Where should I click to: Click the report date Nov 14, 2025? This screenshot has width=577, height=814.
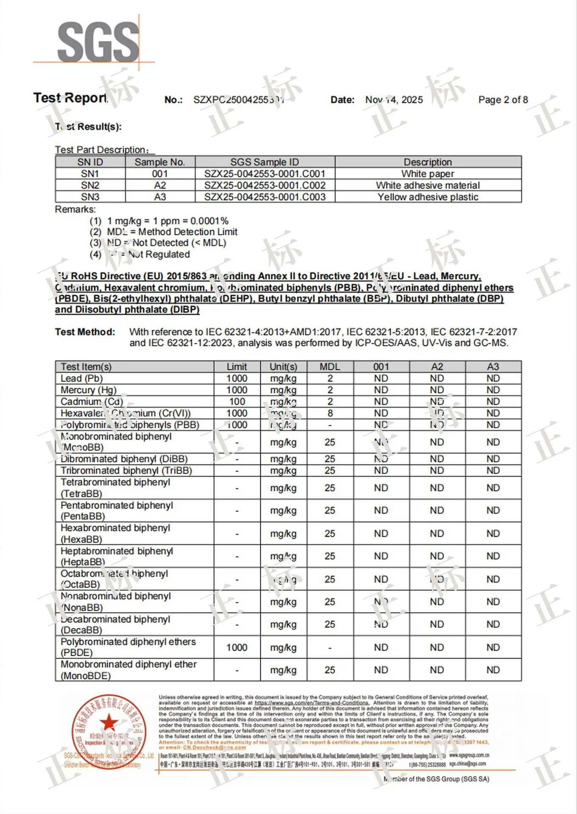394,100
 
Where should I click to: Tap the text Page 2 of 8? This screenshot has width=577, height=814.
503,100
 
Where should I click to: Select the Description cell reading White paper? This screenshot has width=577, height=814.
427,174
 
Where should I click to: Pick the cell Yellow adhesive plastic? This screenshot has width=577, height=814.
427,197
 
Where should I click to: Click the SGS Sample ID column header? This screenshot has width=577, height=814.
265,162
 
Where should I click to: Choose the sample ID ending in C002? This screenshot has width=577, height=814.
265,185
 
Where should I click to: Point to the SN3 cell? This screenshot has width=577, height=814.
90,197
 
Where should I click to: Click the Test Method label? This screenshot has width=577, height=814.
85,332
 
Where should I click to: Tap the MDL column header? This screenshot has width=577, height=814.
330,367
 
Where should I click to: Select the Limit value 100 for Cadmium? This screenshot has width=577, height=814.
237,401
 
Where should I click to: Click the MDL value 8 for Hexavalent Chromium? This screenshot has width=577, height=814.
330,413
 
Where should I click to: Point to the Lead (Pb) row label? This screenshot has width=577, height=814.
82,378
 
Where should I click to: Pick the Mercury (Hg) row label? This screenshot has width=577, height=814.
88,390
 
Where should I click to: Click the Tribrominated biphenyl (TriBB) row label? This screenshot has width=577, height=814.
126,471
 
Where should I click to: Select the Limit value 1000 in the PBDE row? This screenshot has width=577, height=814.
237,647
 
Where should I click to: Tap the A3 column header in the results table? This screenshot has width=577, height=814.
493,367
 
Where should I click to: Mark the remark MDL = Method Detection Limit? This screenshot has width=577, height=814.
172,232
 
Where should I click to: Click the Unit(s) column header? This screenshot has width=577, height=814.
283,367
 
